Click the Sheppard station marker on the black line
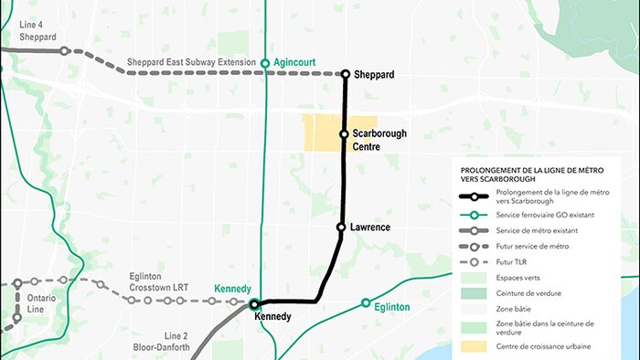point(346,74)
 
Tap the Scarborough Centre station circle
point(345,134)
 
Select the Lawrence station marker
point(340,227)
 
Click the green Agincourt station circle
point(265,63)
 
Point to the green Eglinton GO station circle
point(366,302)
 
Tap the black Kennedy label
point(273,317)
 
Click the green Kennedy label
point(232,290)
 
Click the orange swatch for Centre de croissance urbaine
point(474,347)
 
